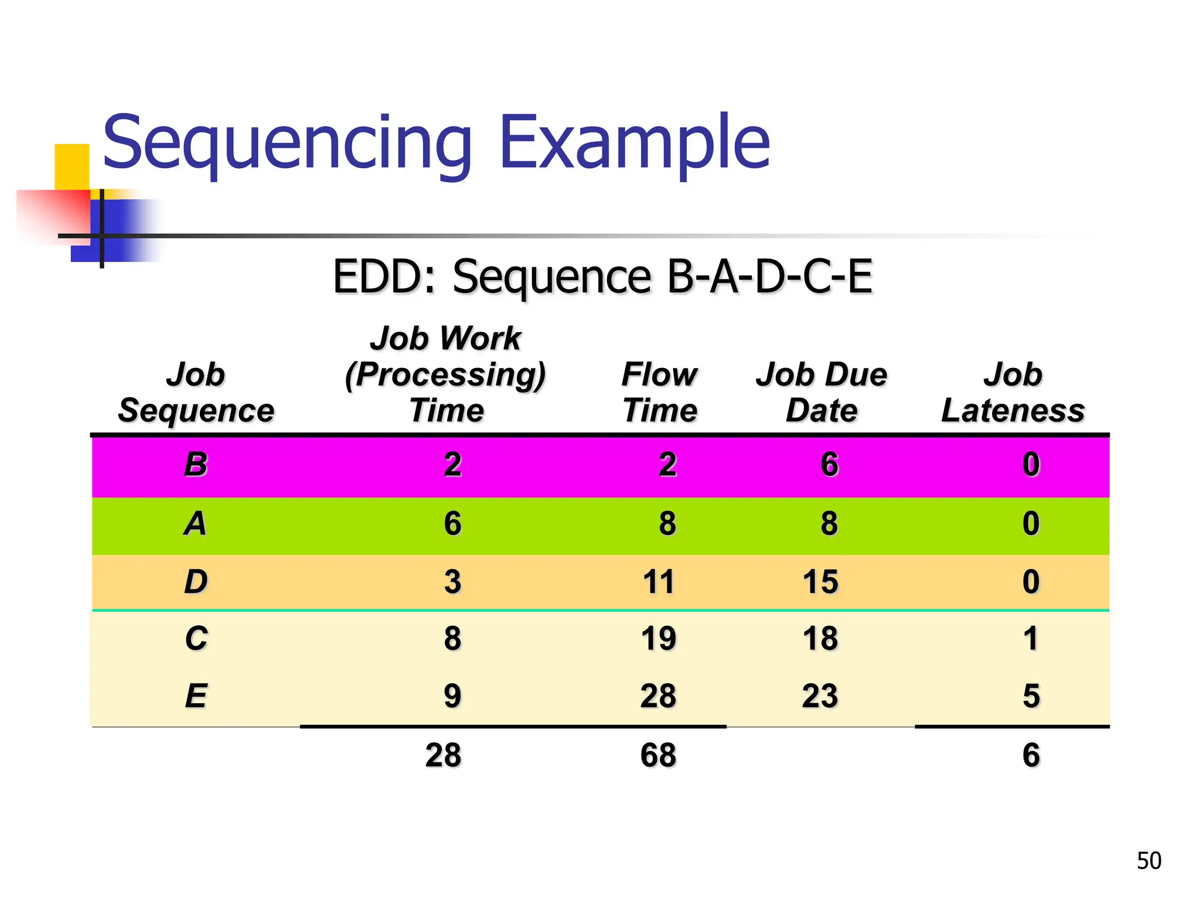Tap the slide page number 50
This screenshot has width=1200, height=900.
[x=1148, y=861]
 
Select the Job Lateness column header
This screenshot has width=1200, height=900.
[x=1012, y=392]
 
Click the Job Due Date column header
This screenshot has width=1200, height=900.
[x=821, y=392]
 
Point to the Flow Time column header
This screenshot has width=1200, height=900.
[x=660, y=392]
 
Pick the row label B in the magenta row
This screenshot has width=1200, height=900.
[x=196, y=465]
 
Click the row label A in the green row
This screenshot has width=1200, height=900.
[x=196, y=523]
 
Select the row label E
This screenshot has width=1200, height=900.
[x=196, y=696]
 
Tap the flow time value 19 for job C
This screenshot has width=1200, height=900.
[x=658, y=638]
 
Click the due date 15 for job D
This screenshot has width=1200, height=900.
[x=820, y=582]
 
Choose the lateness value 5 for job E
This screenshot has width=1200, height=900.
[x=1031, y=696]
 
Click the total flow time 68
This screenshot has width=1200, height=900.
[x=658, y=755]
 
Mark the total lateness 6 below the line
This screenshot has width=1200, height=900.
[x=1031, y=755]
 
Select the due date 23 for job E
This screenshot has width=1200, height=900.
[x=820, y=696]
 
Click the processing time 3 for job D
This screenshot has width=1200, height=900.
[x=452, y=582]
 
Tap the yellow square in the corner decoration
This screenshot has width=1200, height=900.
[x=71, y=165]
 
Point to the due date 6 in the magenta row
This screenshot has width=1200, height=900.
[x=829, y=465]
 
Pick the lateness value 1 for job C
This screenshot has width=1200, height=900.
[x=1031, y=638]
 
